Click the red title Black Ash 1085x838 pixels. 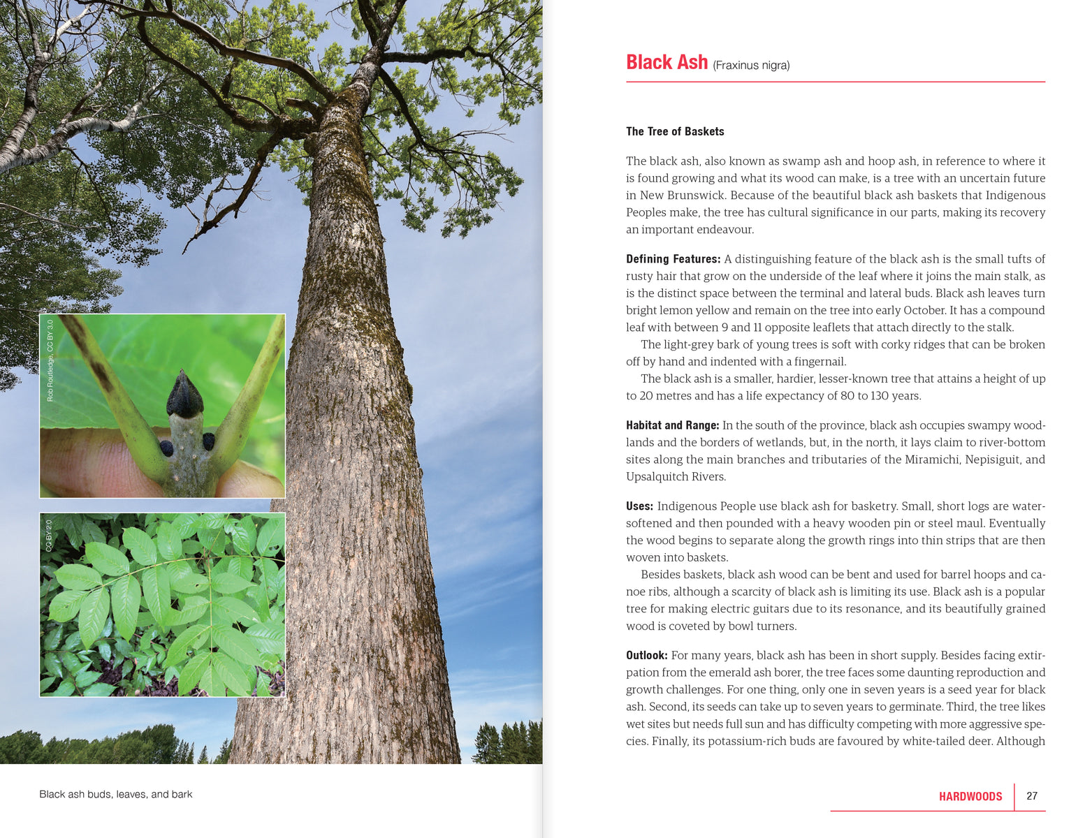(x=667, y=62)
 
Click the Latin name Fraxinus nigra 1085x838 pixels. (x=751, y=66)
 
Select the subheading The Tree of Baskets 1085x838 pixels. (x=675, y=131)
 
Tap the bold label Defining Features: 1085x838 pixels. (x=673, y=259)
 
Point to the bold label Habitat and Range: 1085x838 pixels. (x=672, y=425)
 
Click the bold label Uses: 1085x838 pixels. (x=639, y=506)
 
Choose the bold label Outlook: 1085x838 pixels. (x=646, y=655)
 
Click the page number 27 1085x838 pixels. (x=1032, y=796)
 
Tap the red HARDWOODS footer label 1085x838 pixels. (x=970, y=796)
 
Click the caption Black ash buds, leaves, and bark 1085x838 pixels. (x=116, y=794)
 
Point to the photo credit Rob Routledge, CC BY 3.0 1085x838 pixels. (x=50, y=360)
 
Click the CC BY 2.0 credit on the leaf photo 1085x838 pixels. (x=49, y=536)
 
